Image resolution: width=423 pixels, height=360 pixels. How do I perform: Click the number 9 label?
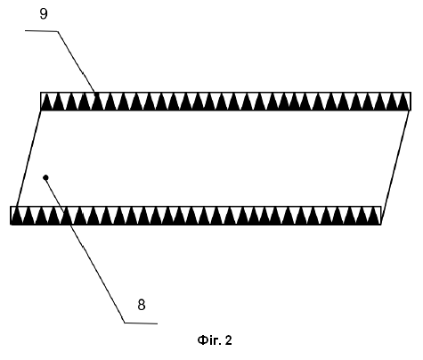pyautogui.click(x=44, y=13)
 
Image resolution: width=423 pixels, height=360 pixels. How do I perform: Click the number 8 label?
pyautogui.click(x=142, y=305)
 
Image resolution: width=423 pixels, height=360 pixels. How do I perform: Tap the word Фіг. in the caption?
pyautogui.click(x=209, y=340)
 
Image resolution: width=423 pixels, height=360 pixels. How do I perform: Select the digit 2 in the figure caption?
pyautogui.click(x=228, y=340)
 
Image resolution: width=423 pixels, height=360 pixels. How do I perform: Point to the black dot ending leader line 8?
pyautogui.click(x=45, y=177)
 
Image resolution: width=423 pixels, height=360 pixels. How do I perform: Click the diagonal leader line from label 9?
pyautogui.click(x=77, y=61)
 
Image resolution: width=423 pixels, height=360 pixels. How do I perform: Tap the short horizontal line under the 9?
pyautogui.click(x=41, y=31)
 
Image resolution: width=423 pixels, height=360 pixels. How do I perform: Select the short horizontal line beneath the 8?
pyautogui.click(x=141, y=323)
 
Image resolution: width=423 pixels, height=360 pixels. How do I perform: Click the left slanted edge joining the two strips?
pyautogui.click(x=28, y=159)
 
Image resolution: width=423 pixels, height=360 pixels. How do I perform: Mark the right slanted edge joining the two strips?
pyautogui.click(x=395, y=167)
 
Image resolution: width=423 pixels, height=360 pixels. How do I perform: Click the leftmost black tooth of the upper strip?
pyautogui.click(x=45, y=102)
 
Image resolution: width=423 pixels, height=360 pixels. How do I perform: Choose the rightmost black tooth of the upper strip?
pyautogui.click(x=405, y=102)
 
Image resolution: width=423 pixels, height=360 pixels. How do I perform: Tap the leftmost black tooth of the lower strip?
pyautogui.click(x=16, y=216)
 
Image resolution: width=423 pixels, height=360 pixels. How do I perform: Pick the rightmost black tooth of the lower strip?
pyautogui.click(x=376, y=216)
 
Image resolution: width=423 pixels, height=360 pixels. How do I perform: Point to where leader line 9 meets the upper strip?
pyautogui.click(x=95, y=93)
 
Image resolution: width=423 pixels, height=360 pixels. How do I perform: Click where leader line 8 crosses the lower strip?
pyautogui.click(x=67, y=216)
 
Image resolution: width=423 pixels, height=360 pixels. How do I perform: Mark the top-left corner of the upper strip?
pyautogui.click(x=41, y=93)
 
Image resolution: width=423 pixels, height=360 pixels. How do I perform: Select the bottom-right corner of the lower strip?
pyautogui.click(x=381, y=225)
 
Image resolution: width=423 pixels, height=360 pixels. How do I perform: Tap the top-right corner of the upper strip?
pyautogui.click(x=411, y=93)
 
